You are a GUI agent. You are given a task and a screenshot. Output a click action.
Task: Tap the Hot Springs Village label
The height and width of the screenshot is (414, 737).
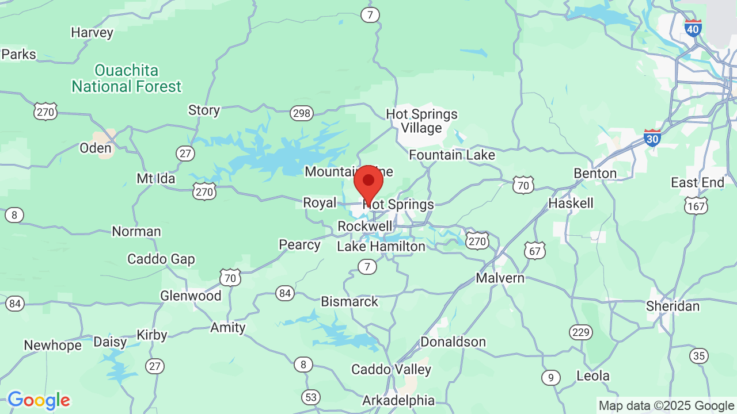421,121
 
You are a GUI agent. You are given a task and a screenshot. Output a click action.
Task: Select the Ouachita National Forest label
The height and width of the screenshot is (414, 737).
126,79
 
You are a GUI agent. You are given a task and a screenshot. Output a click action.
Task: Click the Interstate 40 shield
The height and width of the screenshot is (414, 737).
693,28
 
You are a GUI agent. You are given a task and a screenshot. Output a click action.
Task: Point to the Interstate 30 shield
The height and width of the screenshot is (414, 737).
652,137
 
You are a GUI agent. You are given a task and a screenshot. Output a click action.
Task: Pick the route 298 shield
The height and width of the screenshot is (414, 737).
302,113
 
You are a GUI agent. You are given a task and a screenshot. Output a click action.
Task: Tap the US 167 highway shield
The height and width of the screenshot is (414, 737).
696,205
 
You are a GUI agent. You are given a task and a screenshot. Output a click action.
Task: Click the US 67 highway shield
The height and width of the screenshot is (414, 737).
535,250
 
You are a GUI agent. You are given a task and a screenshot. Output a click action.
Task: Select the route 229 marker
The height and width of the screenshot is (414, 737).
581,332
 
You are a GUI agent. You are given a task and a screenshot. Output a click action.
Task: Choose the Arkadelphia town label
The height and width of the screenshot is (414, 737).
398,400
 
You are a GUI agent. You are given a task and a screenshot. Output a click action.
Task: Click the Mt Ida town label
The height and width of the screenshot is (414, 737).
155,179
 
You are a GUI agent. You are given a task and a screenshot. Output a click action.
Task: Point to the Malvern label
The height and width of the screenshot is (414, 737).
500,278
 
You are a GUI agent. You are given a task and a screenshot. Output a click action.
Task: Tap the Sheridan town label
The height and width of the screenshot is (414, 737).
673,306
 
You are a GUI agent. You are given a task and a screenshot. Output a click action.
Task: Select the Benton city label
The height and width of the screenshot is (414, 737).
595,173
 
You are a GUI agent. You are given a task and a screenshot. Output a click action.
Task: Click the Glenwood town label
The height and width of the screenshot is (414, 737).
191,296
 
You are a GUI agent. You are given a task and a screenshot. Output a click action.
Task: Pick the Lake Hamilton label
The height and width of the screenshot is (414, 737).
381,247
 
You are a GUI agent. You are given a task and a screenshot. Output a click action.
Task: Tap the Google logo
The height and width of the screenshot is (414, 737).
39,400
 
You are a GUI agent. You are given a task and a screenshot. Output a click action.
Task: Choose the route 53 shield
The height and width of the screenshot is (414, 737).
311,397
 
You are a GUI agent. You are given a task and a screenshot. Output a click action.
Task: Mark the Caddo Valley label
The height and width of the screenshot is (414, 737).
391,369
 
